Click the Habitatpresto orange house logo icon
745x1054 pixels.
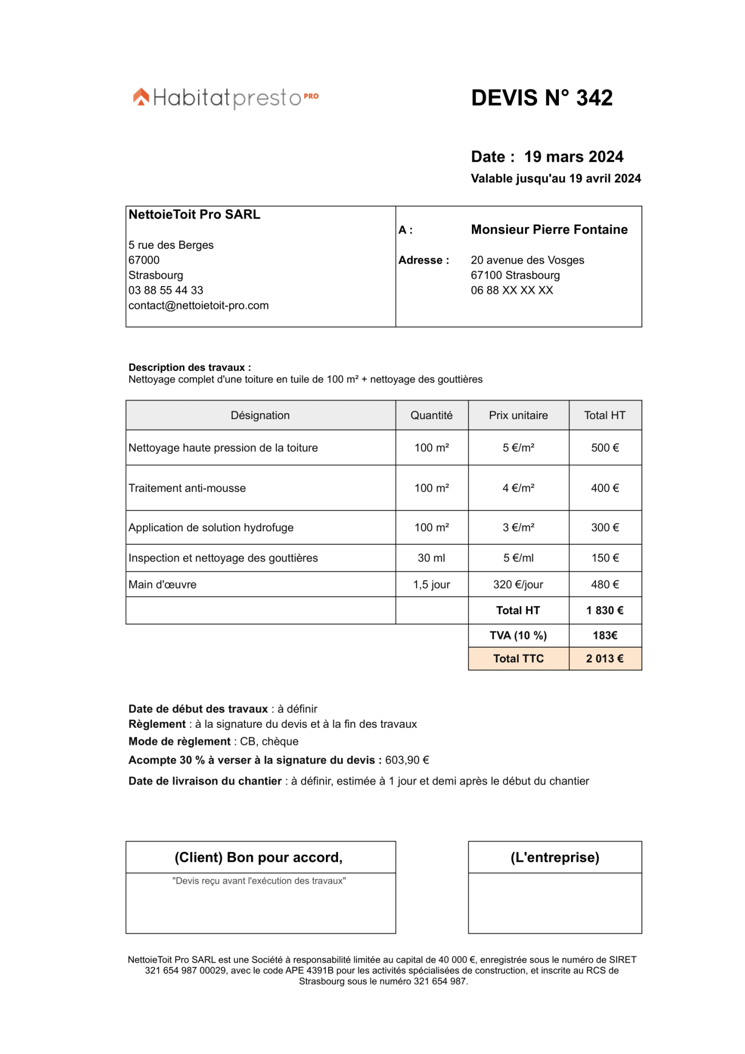point(141,97)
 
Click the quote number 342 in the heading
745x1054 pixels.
point(594,98)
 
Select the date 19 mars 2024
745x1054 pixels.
point(573,157)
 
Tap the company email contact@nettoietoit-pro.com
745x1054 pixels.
point(198,306)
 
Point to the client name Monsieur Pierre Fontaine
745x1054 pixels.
point(549,230)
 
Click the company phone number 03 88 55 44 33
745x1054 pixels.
point(166,290)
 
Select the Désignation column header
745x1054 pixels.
point(260,415)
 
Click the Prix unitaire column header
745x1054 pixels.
point(518,415)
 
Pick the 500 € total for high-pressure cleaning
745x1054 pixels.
point(605,448)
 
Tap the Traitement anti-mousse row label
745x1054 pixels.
point(187,488)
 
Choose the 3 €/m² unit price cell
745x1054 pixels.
point(518,528)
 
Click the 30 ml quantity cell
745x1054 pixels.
point(431,558)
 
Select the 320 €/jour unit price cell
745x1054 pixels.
point(518,584)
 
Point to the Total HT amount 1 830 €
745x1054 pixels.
point(605,610)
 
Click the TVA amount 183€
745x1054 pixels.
point(605,636)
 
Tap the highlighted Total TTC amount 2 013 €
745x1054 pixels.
point(605,659)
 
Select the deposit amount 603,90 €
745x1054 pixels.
point(407,760)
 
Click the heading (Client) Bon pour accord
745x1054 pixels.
point(258,857)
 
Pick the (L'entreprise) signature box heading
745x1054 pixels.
point(555,857)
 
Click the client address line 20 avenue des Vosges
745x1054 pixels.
point(527,260)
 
